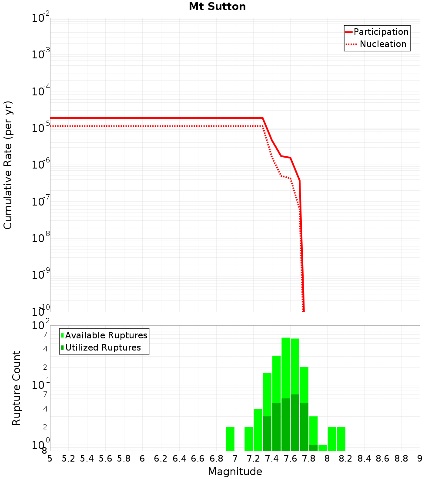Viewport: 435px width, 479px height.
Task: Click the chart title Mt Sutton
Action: click(217, 7)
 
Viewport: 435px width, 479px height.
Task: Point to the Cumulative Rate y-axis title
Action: click(8, 165)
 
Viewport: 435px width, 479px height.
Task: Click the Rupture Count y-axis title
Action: click(17, 388)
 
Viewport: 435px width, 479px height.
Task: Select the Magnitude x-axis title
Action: click(235, 472)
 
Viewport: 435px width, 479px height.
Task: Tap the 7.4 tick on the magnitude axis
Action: click(272, 459)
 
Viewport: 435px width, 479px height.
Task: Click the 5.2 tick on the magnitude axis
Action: click(68, 459)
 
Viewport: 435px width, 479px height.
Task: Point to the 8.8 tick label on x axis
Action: click(401, 459)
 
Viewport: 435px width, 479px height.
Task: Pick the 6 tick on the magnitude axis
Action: click(142, 459)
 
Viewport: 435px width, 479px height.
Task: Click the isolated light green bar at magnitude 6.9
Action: click(231, 439)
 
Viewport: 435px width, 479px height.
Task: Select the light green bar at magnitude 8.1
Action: click(341, 439)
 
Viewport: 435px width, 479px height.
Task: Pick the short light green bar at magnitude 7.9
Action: click(323, 448)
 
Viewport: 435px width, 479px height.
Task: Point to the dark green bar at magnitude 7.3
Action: click(268, 433)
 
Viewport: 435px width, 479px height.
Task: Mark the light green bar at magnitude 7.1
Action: click(249, 439)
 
